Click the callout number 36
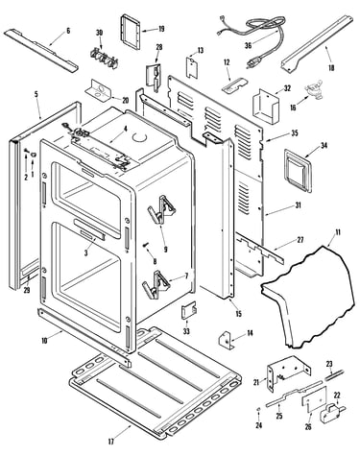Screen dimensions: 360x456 pyautogui.click(x=249, y=45)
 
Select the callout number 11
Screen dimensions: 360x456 pyautogui.click(x=338, y=232)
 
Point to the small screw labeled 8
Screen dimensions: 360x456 pyautogui.click(x=147, y=245)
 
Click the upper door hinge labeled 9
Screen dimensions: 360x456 pyautogui.click(x=161, y=209)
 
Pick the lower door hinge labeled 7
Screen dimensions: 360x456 pyautogui.click(x=156, y=284)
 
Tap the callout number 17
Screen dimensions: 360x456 pyautogui.click(x=110, y=442)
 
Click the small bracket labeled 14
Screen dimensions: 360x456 pyautogui.click(x=225, y=341)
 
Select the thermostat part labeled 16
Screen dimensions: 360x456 pyautogui.click(x=310, y=89)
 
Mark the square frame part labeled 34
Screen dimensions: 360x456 pyautogui.click(x=298, y=172)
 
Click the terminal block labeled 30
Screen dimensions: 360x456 pyautogui.click(x=104, y=58)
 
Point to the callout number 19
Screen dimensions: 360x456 pyautogui.click(x=161, y=29)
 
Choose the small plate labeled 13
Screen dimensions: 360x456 pyautogui.click(x=192, y=66)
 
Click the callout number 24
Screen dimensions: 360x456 pyautogui.click(x=258, y=425)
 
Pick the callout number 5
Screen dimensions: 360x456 pyautogui.click(x=36, y=94)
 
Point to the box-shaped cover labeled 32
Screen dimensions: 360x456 pyautogui.click(x=266, y=107)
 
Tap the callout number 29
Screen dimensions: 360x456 pyautogui.click(x=27, y=291)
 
